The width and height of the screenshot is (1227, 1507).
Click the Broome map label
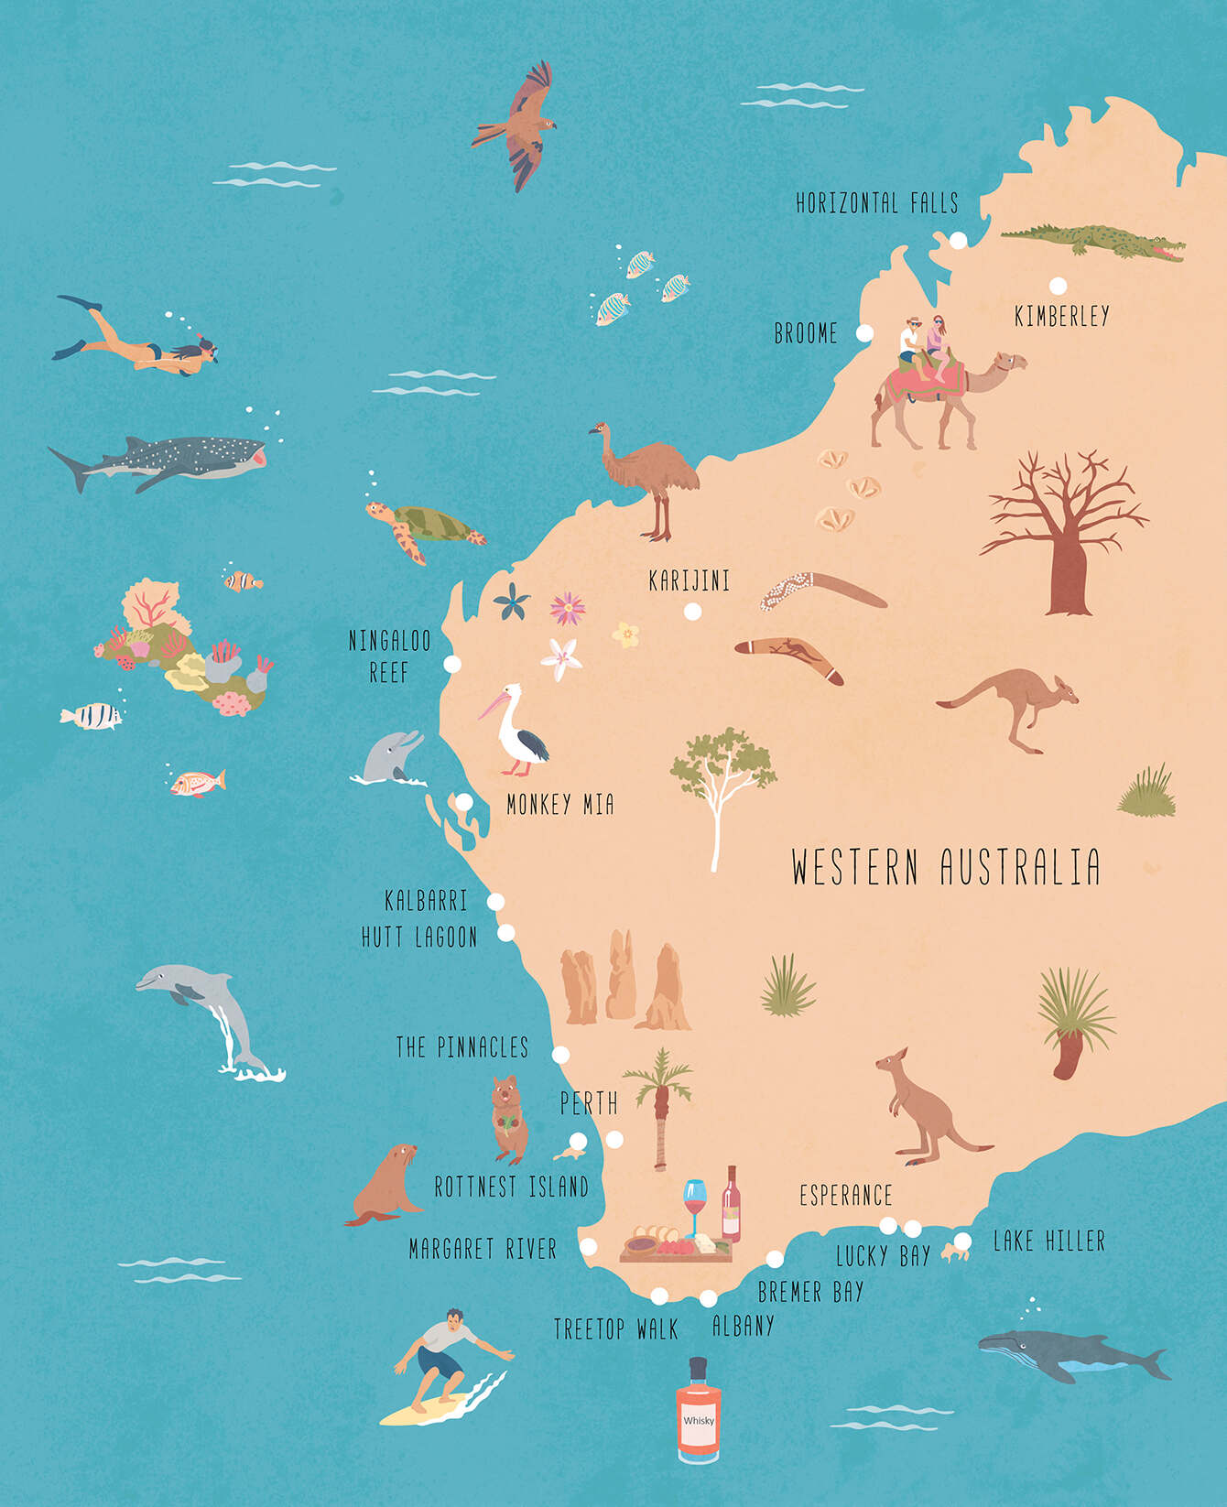(x=806, y=333)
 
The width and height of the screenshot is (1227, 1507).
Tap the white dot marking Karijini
(x=693, y=611)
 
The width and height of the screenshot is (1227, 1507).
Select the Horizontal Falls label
(x=876, y=202)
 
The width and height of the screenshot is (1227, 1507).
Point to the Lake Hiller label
(x=1049, y=1241)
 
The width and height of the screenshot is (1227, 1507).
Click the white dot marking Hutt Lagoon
(x=505, y=934)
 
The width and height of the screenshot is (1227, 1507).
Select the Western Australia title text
(x=945, y=867)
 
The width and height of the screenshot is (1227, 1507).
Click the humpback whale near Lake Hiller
(x=1071, y=1355)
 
